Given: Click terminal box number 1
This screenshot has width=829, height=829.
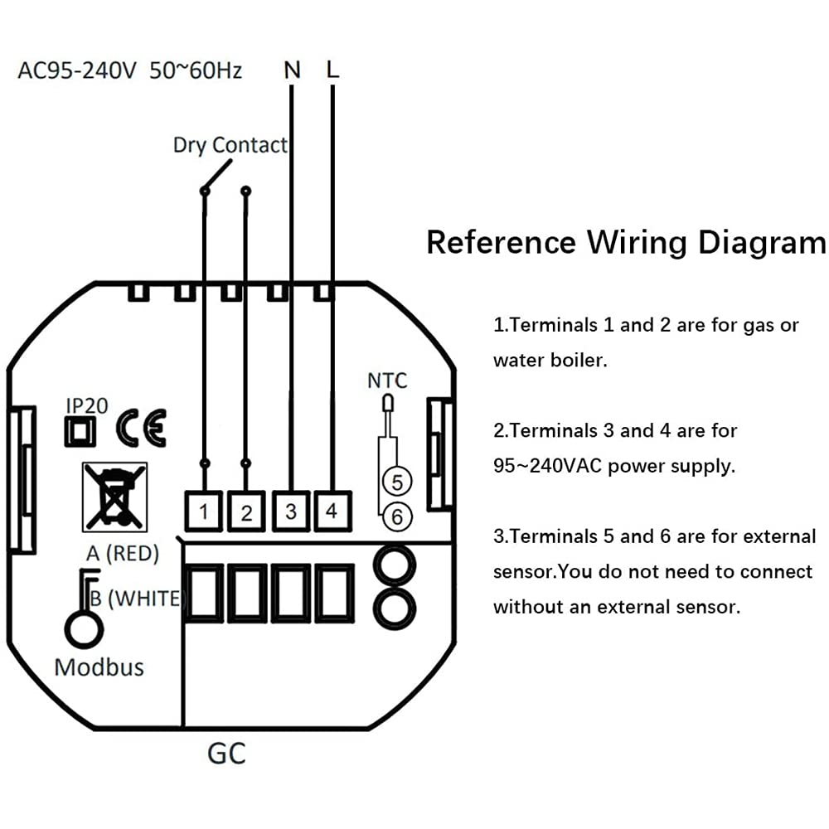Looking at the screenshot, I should click(204, 511).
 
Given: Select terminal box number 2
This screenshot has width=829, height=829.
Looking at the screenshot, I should click(246, 511).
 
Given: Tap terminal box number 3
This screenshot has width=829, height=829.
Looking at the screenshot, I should click(290, 511).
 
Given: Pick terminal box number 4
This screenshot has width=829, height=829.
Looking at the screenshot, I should click(332, 511).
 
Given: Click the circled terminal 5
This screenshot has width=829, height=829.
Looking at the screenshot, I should click(396, 482).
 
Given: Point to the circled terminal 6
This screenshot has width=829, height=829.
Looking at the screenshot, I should click(397, 516).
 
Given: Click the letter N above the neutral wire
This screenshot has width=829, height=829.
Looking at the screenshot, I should click(292, 70).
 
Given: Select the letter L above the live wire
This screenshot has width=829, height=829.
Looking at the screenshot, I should click(332, 70).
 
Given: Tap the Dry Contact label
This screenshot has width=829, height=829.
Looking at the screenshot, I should click(230, 145).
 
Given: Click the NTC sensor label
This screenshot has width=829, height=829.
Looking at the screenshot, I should click(387, 381).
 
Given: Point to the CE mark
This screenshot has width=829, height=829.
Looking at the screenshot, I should click(141, 428).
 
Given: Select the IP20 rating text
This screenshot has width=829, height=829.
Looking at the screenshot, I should click(86, 405).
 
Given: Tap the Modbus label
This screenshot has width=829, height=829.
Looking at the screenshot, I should click(99, 667).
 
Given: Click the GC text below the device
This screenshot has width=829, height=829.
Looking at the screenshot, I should click(225, 754).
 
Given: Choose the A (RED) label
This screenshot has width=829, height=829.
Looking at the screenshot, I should click(122, 553).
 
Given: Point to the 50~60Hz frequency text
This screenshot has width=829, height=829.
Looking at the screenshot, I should click(196, 70).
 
